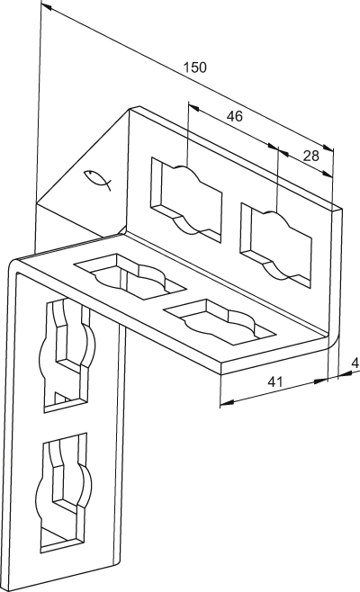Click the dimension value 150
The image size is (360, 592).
click(x=195, y=67)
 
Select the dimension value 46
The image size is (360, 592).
click(x=234, y=116)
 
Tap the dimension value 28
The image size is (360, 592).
click(x=310, y=156)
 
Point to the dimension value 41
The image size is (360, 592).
click(x=275, y=382)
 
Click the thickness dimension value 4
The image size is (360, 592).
click(x=355, y=363)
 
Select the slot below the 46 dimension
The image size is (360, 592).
click(x=186, y=199)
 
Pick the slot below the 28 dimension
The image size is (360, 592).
click(x=275, y=246)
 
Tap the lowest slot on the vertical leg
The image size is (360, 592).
click(x=64, y=494)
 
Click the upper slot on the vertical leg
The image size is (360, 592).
click(x=68, y=354)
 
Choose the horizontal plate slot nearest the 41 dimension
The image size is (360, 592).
click(x=219, y=321)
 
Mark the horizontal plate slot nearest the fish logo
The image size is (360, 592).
click(x=130, y=276)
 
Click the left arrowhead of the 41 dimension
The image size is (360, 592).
click(x=226, y=404)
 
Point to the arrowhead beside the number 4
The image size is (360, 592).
click(x=344, y=373)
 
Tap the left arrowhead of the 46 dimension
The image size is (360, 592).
click(x=194, y=108)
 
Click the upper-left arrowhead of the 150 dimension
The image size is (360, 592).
click(x=46, y=6)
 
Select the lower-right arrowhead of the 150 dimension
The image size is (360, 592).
click(x=328, y=148)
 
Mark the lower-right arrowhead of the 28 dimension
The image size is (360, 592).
click(x=327, y=174)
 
